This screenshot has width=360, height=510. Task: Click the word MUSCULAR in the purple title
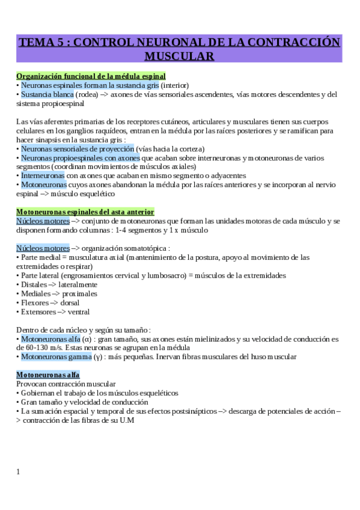(180, 57)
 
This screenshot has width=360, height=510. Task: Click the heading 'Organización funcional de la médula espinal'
(91, 76)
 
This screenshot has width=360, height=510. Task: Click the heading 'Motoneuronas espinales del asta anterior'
(85, 212)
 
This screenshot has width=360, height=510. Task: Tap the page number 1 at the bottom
(18, 472)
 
